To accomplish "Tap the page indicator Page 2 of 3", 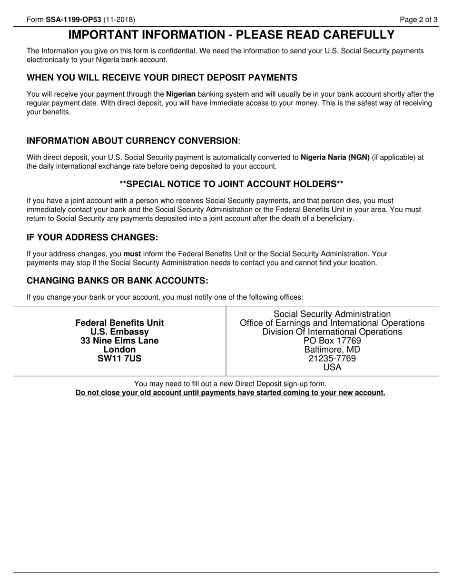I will point(418,20).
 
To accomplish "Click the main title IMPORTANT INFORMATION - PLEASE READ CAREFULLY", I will point(231,35).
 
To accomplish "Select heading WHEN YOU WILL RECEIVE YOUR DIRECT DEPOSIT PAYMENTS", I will point(162,78).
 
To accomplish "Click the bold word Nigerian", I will point(180,94).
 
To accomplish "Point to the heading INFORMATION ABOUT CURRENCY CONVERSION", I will point(132,141).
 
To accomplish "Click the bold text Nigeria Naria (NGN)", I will point(335,157).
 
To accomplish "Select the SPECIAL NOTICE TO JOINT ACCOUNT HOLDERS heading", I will point(231,184).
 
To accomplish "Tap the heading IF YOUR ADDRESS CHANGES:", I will point(92,237).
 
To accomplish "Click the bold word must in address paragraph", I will point(132,254).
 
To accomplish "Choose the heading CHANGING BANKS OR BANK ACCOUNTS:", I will point(118,280).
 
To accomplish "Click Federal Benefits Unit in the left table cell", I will point(119,323).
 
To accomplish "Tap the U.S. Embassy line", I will point(119,332).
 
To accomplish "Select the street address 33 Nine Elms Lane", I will point(119,341).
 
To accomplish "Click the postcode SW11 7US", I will point(119,358).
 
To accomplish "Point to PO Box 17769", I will point(332,341).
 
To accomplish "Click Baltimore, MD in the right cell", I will point(332,350).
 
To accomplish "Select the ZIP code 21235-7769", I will point(332,358).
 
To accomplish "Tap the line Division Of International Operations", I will point(332,332).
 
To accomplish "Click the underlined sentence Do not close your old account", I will point(230,393).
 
